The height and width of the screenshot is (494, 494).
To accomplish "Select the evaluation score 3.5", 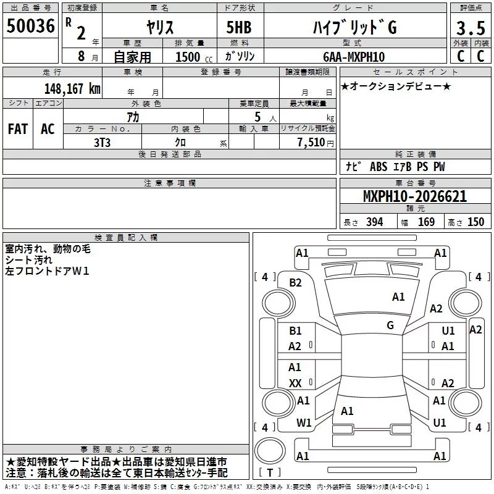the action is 469,28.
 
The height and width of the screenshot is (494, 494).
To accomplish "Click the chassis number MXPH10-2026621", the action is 414,197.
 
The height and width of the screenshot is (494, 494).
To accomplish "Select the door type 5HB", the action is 238,28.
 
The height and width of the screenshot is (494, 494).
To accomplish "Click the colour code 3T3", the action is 102,141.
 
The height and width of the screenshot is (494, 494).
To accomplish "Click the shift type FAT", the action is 18,129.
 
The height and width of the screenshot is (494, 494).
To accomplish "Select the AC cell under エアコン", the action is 48,129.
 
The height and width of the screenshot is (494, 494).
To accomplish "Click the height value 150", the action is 475,222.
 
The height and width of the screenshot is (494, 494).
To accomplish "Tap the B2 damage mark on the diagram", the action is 296,283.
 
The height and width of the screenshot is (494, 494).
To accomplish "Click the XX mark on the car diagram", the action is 295,383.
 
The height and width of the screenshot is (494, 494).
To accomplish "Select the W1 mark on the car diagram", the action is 303,423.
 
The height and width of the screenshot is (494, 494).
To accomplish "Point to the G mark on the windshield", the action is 390,325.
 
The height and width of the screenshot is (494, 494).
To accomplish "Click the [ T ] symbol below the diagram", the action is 269,472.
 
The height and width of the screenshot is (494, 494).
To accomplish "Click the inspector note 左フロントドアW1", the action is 48,271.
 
